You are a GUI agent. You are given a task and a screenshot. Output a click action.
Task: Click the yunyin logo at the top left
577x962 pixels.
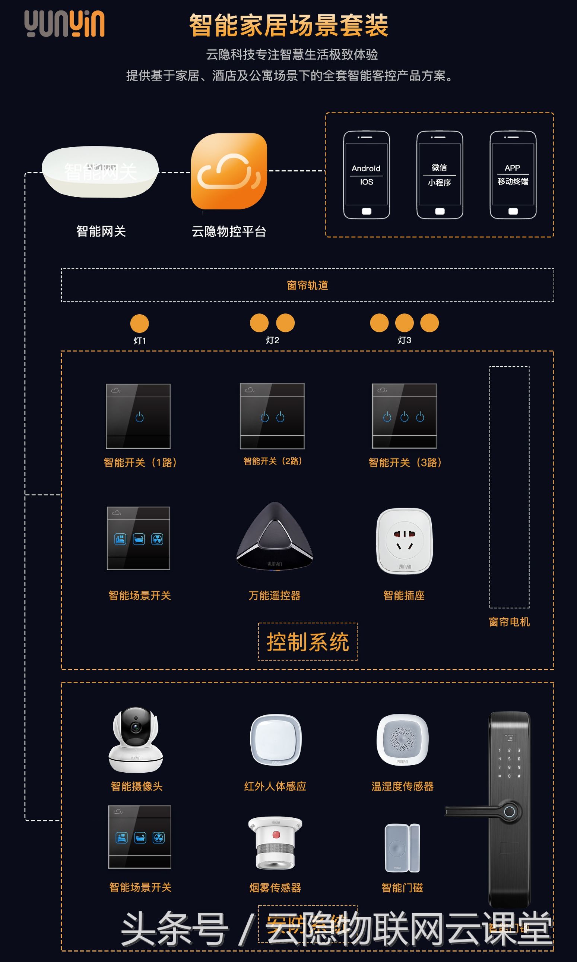[x=64, y=24]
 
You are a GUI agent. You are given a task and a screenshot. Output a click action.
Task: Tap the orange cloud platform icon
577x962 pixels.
[x=229, y=171]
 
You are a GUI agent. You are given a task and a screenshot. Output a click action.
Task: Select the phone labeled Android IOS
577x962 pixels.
[x=366, y=175]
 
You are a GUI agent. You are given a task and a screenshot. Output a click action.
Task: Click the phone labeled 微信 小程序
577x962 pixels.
[x=439, y=175]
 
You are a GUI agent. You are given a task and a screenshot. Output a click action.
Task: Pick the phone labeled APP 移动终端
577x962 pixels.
[x=513, y=175]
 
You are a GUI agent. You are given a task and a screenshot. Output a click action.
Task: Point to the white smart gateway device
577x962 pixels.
[x=100, y=172]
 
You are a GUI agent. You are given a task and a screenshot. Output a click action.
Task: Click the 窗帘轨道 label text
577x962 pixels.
[x=307, y=286]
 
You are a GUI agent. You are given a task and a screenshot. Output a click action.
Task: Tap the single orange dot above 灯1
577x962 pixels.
[x=139, y=323]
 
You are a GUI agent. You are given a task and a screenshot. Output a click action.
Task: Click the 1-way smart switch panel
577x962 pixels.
[x=138, y=416]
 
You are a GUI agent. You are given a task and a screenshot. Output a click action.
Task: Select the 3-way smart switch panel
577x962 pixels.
[x=405, y=416]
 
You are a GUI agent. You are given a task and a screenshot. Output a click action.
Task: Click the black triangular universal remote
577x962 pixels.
[x=275, y=537]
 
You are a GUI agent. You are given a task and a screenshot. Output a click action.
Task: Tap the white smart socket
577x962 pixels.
[x=405, y=541]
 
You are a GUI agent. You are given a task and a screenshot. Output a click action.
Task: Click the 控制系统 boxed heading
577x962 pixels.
[x=308, y=642]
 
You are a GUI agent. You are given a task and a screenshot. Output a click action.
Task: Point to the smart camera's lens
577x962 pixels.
[x=136, y=727]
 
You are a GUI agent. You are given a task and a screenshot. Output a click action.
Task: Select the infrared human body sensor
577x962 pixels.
[x=276, y=739]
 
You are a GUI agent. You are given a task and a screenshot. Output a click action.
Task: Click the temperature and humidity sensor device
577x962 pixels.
[x=402, y=739]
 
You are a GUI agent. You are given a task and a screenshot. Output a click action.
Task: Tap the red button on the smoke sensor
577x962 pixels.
[x=276, y=835]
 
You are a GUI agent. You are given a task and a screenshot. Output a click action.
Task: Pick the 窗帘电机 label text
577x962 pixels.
[x=509, y=622]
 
